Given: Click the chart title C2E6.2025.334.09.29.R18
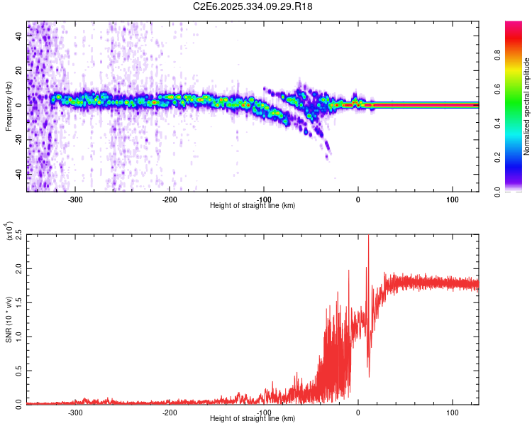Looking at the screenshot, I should pos(253,6).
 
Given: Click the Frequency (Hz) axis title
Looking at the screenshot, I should pos(9,106).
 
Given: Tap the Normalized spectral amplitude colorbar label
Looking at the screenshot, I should pos(526,107).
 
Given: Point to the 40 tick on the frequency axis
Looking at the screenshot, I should pos(20,37).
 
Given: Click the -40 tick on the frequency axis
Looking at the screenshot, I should pos(20,173).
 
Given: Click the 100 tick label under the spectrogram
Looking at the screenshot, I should pos(452,199).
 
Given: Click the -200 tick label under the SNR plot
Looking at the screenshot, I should pos(170,412).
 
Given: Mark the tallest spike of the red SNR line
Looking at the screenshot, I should pos(368,237).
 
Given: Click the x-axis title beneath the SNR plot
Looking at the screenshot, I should pos(253,419).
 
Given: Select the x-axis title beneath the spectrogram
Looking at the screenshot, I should pos(253,206).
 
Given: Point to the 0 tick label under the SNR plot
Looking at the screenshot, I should pos(358,412).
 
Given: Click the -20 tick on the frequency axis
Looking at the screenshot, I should pos(20,139).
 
